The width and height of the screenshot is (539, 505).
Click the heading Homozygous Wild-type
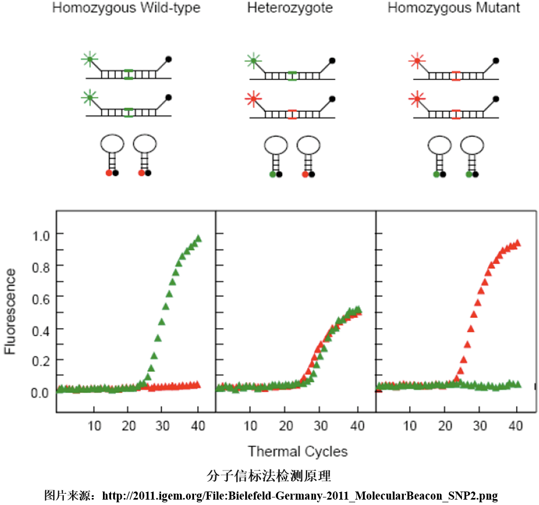point(126,9)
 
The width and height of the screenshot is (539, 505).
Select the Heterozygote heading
point(290,9)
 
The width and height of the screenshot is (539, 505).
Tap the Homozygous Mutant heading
point(454,9)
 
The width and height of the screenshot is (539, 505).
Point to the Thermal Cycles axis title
point(298,451)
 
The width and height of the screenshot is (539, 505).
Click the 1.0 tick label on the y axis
point(41,234)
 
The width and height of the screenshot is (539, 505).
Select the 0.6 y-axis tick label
point(41,297)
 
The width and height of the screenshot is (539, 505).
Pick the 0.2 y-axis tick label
point(41,360)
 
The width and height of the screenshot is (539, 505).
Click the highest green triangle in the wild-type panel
point(198,238)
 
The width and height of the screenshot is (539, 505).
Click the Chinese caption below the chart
point(268,476)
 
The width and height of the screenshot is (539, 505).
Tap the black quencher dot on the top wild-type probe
point(169,59)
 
